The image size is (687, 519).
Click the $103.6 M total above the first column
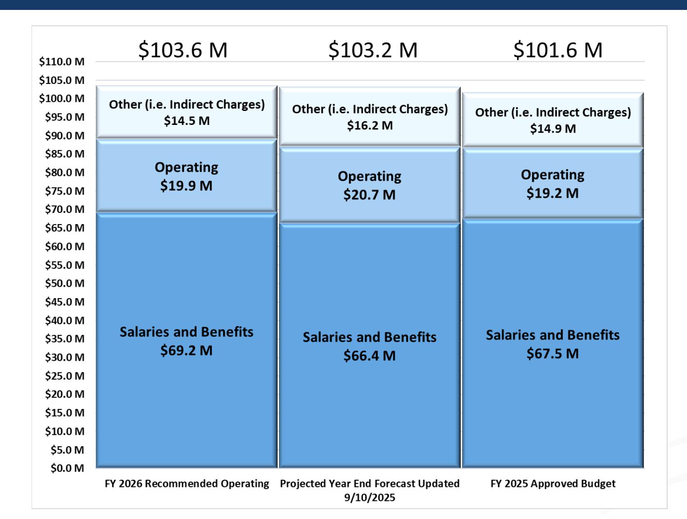pos(183,50)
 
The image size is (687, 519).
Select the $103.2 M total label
pos(373,50)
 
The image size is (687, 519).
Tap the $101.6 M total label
pos(558,50)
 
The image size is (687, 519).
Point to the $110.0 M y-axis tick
pos(62,62)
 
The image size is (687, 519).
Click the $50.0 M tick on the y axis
pos(64,284)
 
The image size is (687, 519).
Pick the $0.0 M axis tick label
pos(67,468)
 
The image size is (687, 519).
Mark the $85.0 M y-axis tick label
pos(64,154)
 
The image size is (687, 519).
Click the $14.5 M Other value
pos(187,121)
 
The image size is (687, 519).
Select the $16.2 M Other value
pos(370,125)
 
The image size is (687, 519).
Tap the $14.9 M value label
pos(553,129)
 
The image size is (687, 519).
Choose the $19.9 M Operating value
pos(186,186)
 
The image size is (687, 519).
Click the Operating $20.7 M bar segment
pos(370,185)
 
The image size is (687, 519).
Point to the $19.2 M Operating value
pos(553,193)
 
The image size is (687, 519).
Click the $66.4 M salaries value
pos(370,356)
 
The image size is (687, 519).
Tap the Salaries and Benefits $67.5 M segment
pos(553,344)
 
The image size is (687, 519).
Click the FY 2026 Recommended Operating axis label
pos(187,484)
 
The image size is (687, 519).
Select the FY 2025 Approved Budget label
pos(553,484)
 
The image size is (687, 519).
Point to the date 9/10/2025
pos(370,498)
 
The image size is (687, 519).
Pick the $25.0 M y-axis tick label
pos(64,376)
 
